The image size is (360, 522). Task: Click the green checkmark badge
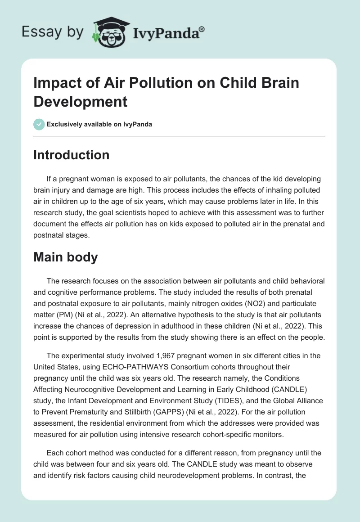pyautogui.click(x=39, y=124)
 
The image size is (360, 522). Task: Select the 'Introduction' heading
pyautogui.click(x=71, y=155)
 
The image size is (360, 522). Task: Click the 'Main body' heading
pyautogui.click(x=66, y=258)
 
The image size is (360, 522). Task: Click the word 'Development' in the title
pyautogui.click(x=81, y=101)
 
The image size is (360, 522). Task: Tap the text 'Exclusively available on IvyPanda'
pyautogui.click(x=99, y=124)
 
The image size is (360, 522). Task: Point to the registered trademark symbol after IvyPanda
pyautogui.click(x=202, y=29)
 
